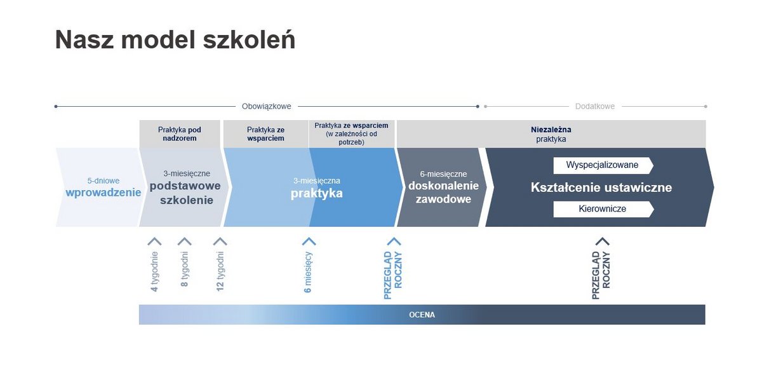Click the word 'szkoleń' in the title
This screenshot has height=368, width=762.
point(249,40)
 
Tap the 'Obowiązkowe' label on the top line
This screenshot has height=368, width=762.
point(266,106)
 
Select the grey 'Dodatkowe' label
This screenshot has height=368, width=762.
point(595,106)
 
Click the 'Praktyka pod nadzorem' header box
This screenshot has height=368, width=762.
point(180,134)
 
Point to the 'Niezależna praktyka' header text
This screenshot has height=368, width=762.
point(551,134)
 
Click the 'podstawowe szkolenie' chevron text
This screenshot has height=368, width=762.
point(185,193)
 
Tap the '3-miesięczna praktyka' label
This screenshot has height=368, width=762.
point(317,188)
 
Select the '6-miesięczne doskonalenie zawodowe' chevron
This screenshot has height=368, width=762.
point(442,187)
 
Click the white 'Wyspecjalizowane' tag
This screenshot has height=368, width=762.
point(603,165)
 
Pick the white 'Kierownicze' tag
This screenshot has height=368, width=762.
point(603,209)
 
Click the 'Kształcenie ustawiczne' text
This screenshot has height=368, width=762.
point(601,187)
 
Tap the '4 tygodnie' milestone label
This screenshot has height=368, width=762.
point(154,271)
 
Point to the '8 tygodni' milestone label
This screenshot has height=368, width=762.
point(184,269)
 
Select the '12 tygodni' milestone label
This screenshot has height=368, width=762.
point(220,271)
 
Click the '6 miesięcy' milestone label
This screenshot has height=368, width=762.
point(308,272)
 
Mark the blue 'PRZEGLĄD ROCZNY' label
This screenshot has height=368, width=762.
point(393,275)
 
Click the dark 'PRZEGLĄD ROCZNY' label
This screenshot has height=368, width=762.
point(601,275)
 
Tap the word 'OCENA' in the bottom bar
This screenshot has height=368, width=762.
point(422,315)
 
